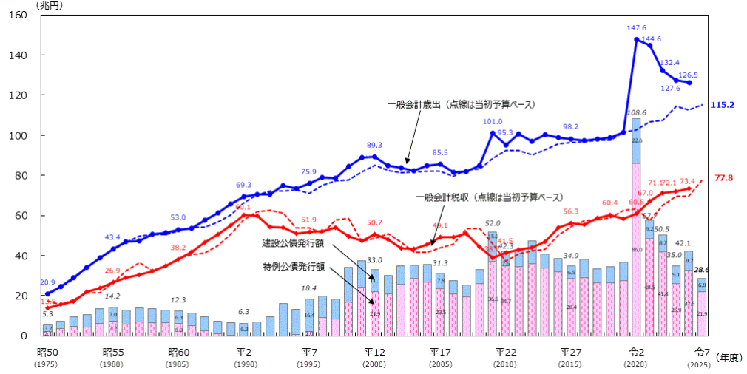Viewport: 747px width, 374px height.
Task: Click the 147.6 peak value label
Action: click(x=637, y=28)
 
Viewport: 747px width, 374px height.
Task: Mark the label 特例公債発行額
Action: click(x=294, y=265)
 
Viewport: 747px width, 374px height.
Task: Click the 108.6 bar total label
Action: click(x=635, y=113)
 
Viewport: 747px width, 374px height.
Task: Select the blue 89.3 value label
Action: click(x=374, y=146)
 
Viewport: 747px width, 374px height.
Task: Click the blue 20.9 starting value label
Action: click(x=47, y=282)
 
